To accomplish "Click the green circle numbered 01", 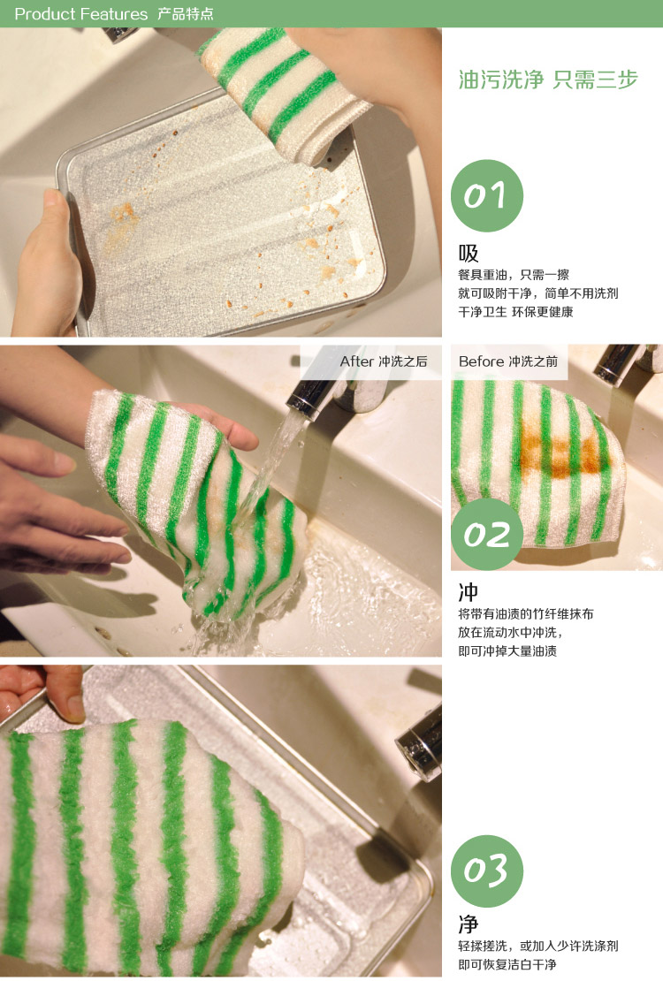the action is click(x=486, y=196).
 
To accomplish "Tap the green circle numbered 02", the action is click(x=486, y=535).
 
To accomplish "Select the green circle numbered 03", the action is click(x=486, y=871).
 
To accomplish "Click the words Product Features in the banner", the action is click(x=80, y=14).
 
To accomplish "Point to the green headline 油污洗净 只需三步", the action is click(x=548, y=80).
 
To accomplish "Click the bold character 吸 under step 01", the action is click(x=469, y=254).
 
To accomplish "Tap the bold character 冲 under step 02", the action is click(x=469, y=592).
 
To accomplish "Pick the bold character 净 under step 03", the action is click(x=469, y=924).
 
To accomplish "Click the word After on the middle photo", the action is click(x=356, y=361).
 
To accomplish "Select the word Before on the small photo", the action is click(x=481, y=361).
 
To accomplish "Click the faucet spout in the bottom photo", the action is click(x=420, y=744).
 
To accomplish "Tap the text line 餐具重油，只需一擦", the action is click(x=514, y=275).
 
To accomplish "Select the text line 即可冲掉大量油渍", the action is click(x=507, y=651).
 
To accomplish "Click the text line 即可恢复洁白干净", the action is click(x=507, y=965).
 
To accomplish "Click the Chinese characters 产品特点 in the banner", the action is click(x=185, y=14).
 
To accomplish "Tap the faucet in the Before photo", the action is click(x=626, y=363).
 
